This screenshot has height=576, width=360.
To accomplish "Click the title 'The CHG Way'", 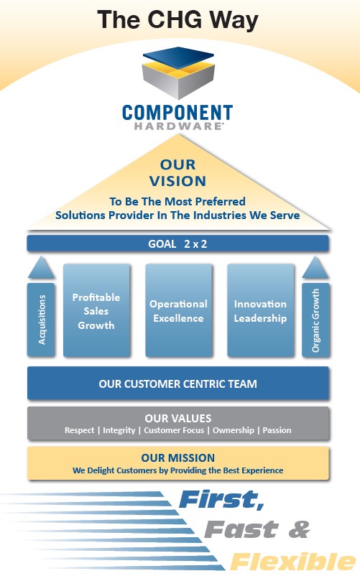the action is (177, 19).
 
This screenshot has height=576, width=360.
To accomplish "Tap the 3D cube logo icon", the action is (178, 73).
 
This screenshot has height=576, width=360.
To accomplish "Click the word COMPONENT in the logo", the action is (177, 113).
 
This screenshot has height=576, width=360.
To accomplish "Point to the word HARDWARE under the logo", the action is (178, 126).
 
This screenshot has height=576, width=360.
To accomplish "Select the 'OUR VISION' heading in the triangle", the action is (177, 172).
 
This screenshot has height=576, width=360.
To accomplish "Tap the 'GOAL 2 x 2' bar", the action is (177, 243).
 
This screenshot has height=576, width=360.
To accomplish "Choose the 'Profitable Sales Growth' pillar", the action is (96, 310).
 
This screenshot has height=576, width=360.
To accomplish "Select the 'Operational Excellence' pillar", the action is (178, 310).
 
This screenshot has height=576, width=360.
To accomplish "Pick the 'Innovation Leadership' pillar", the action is (260, 310).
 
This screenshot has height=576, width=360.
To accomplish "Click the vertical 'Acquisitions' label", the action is (42, 320).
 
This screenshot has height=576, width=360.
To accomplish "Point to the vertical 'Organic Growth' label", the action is (315, 320).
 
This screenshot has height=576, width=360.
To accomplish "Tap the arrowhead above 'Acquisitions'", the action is (41, 267).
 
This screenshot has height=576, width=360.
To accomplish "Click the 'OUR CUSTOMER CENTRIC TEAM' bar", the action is (177, 383).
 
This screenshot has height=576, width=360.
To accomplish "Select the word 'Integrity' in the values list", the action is (119, 430).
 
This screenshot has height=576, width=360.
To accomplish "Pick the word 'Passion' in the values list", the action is (277, 430).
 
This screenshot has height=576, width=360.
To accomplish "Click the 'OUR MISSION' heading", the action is (177, 457).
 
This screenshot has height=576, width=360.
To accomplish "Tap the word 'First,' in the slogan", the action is (222, 500).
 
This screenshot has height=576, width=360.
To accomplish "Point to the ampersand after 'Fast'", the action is (299, 529).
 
